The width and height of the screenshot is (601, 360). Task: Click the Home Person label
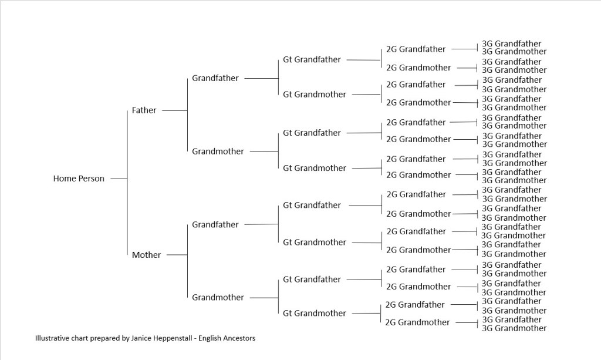click(79, 179)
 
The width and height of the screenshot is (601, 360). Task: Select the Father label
click(144, 110)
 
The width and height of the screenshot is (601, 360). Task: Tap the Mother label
click(146, 255)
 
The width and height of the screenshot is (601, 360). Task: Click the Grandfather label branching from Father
click(215, 78)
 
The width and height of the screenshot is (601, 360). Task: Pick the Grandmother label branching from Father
click(218, 152)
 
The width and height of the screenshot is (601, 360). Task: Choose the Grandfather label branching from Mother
click(215, 224)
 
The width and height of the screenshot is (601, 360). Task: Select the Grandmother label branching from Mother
click(218, 297)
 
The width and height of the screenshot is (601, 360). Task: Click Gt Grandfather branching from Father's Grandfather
click(312, 59)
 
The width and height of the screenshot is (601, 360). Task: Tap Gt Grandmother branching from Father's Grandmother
click(315, 168)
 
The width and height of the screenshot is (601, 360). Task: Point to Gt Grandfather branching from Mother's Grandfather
click(312, 205)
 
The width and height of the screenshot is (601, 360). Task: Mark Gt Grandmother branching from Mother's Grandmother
click(315, 313)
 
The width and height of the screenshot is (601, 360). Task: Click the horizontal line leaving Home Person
click(119, 179)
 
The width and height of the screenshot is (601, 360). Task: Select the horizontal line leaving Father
click(174, 110)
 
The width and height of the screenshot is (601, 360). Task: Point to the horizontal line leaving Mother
click(177, 255)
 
